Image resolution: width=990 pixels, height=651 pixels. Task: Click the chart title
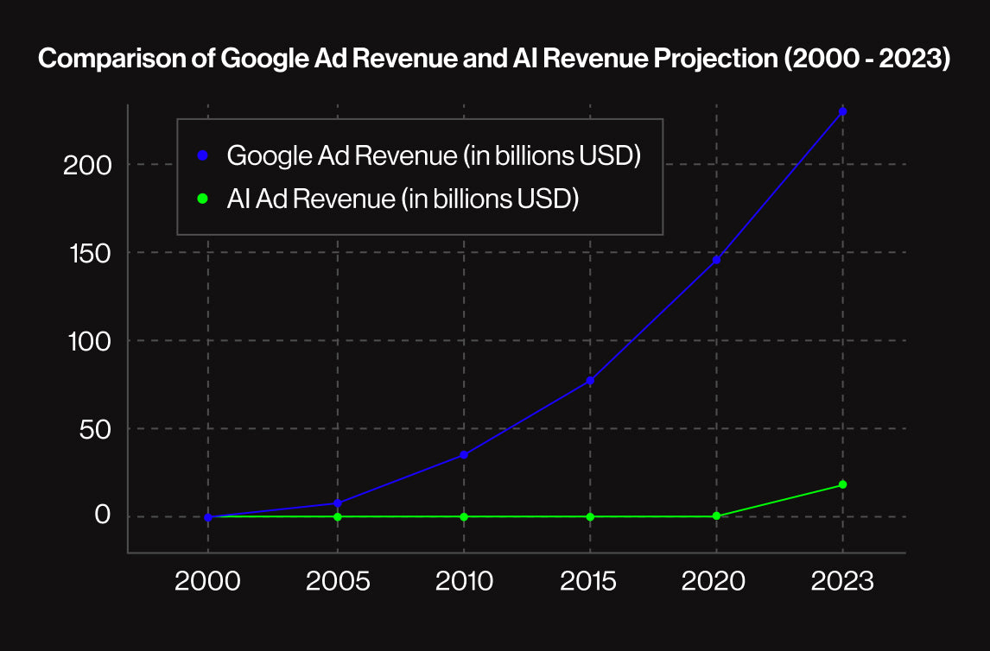tap(494, 60)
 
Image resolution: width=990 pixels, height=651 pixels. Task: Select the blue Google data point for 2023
tap(842, 111)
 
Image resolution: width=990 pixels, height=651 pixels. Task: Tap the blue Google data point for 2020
tap(716, 259)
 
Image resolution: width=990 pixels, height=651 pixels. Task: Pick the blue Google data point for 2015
tap(590, 380)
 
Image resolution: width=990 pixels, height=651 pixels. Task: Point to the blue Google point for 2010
tap(464, 454)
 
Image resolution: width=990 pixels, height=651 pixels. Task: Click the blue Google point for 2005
tap(338, 502)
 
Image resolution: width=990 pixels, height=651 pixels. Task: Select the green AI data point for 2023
tap(842, 484)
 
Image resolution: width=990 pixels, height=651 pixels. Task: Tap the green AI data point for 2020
tap(716, 515)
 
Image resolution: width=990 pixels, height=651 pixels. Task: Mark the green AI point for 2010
tap(464, 516)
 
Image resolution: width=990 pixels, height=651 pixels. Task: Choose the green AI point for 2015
tap(590, 516)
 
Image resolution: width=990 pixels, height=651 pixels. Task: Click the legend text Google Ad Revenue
tap(434, 156)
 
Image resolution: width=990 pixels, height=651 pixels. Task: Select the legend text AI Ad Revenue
tap(403, 199)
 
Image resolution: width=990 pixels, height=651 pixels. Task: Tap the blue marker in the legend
tap(202, 156)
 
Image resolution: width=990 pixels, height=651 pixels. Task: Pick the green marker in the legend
tap(202, 199)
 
